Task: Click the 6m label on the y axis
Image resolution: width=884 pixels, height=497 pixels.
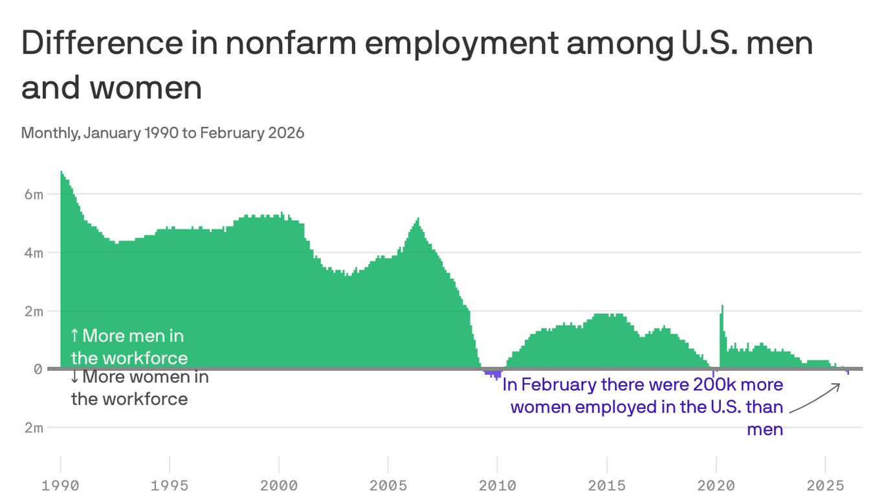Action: point(34,194)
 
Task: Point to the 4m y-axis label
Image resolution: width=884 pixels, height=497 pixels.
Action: point(34,252)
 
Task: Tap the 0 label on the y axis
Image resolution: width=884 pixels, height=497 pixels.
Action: point(38,369)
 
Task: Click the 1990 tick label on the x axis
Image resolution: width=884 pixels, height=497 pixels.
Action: point(60,485)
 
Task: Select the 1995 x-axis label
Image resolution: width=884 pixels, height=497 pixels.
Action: point(170,485)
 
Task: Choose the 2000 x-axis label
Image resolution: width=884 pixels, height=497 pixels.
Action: point(279,485)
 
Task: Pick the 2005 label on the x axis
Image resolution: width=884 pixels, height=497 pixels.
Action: point(388,485)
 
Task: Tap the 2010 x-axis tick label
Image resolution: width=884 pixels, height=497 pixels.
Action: point(498,485)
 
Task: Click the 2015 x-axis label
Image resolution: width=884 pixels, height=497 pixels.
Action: point(607,485)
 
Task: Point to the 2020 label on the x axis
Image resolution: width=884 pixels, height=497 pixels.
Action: point(716,485)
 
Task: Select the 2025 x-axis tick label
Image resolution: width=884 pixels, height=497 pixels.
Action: point(826,485)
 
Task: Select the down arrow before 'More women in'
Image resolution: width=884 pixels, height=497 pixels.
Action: point(74,377)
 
